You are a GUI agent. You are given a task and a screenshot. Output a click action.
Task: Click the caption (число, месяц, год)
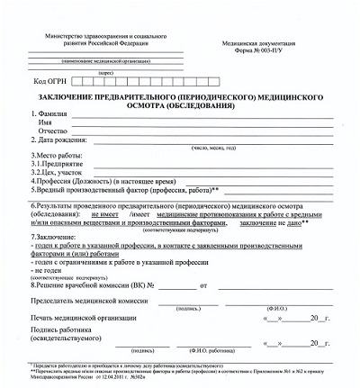[x=212, y=149]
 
